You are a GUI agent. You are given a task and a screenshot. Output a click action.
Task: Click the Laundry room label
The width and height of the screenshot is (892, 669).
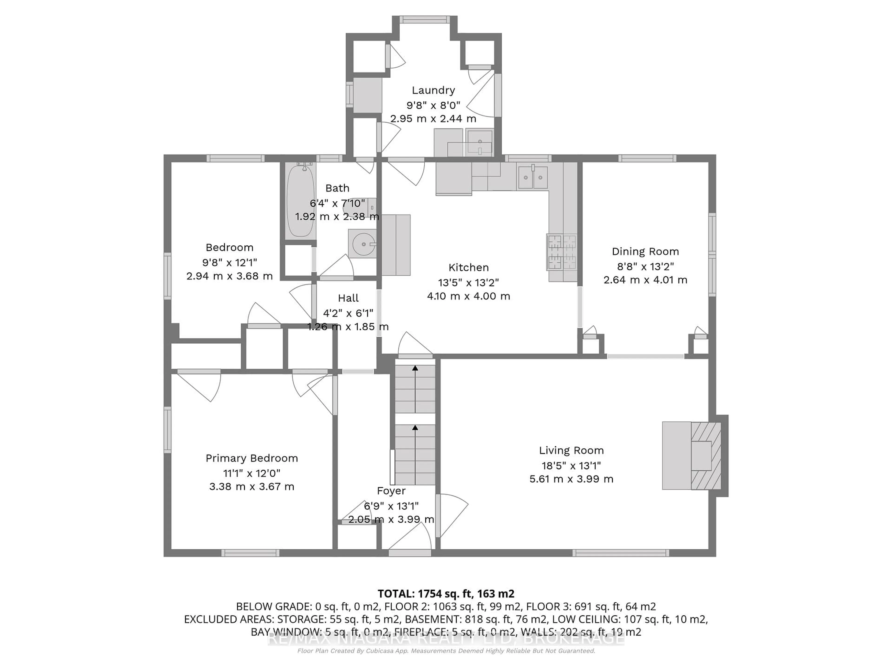433,90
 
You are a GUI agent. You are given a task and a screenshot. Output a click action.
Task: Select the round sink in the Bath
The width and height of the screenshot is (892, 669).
363,244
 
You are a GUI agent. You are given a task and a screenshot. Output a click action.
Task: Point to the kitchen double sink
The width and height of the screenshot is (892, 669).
533,177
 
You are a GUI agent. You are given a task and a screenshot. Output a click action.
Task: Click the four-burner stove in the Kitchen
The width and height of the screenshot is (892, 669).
562,252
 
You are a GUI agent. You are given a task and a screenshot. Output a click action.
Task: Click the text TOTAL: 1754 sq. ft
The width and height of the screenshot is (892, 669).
425,594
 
